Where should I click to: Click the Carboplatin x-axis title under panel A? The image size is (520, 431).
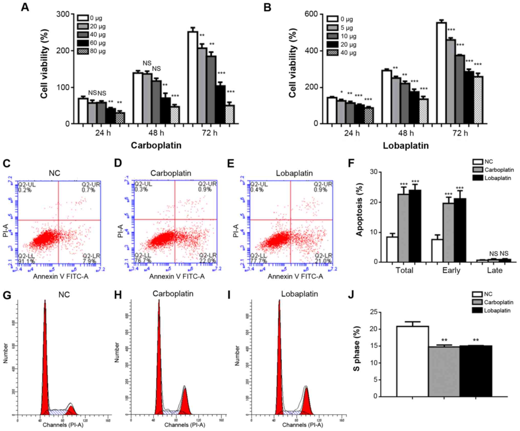click(156, 145)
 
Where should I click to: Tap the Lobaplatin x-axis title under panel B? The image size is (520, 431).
click(406, 145)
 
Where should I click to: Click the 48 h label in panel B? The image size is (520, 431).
click(406, 133)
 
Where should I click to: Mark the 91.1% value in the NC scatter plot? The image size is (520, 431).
click(26, 261)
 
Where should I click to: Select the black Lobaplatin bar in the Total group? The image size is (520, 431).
click(415, 226)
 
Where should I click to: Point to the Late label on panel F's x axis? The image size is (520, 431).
click(494, 270)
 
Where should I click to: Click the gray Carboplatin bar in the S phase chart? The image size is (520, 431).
click(444, 372)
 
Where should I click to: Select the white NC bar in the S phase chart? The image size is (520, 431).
click(412, 361)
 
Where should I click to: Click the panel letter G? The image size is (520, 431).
click(7, 295)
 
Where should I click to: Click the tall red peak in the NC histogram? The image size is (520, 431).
click(45, 359)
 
